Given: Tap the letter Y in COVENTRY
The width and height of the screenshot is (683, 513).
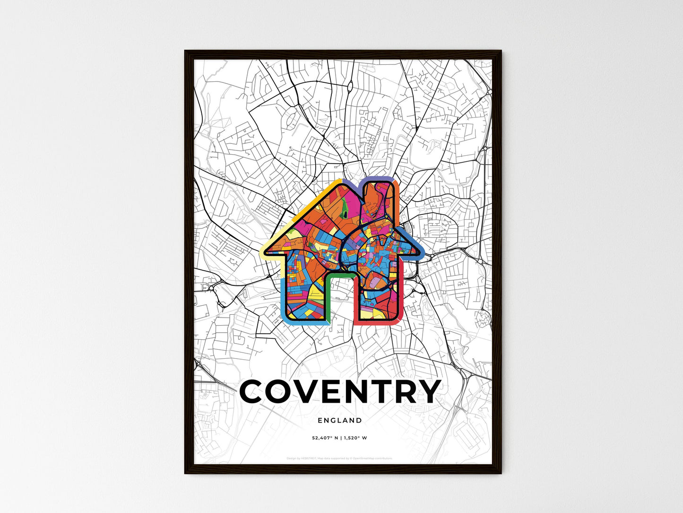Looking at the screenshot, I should click(426, 391).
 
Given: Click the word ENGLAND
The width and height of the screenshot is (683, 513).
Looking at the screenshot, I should click(340, 420).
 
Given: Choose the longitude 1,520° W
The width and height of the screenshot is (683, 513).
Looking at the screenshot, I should click(355, 438).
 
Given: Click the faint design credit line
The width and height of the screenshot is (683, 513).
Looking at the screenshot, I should click(340, 458).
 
